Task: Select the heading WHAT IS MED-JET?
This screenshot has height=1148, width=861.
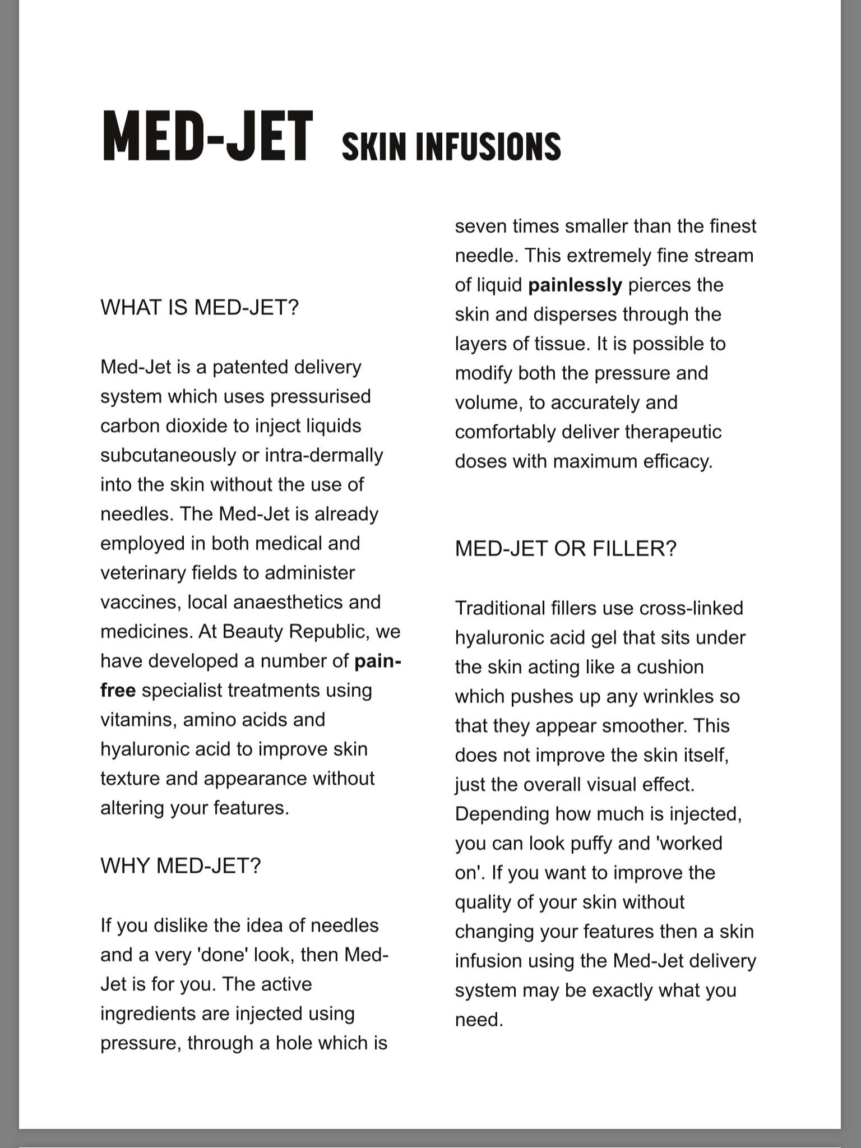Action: click(200, 307)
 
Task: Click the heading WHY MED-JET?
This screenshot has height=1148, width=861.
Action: click(180, 865)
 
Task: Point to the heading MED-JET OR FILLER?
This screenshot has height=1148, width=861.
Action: click(566, 548)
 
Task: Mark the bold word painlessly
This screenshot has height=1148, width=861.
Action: click(575, 285)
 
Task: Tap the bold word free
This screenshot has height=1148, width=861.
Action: click(118, 690)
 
